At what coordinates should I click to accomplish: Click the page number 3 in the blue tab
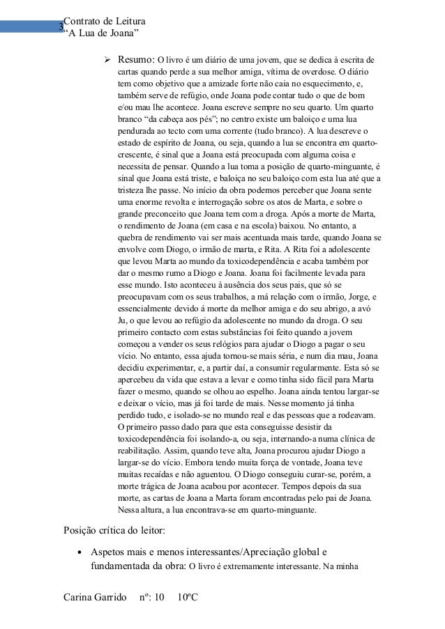click(x=61, y=29)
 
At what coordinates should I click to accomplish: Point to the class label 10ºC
click(x=188, y=598)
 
